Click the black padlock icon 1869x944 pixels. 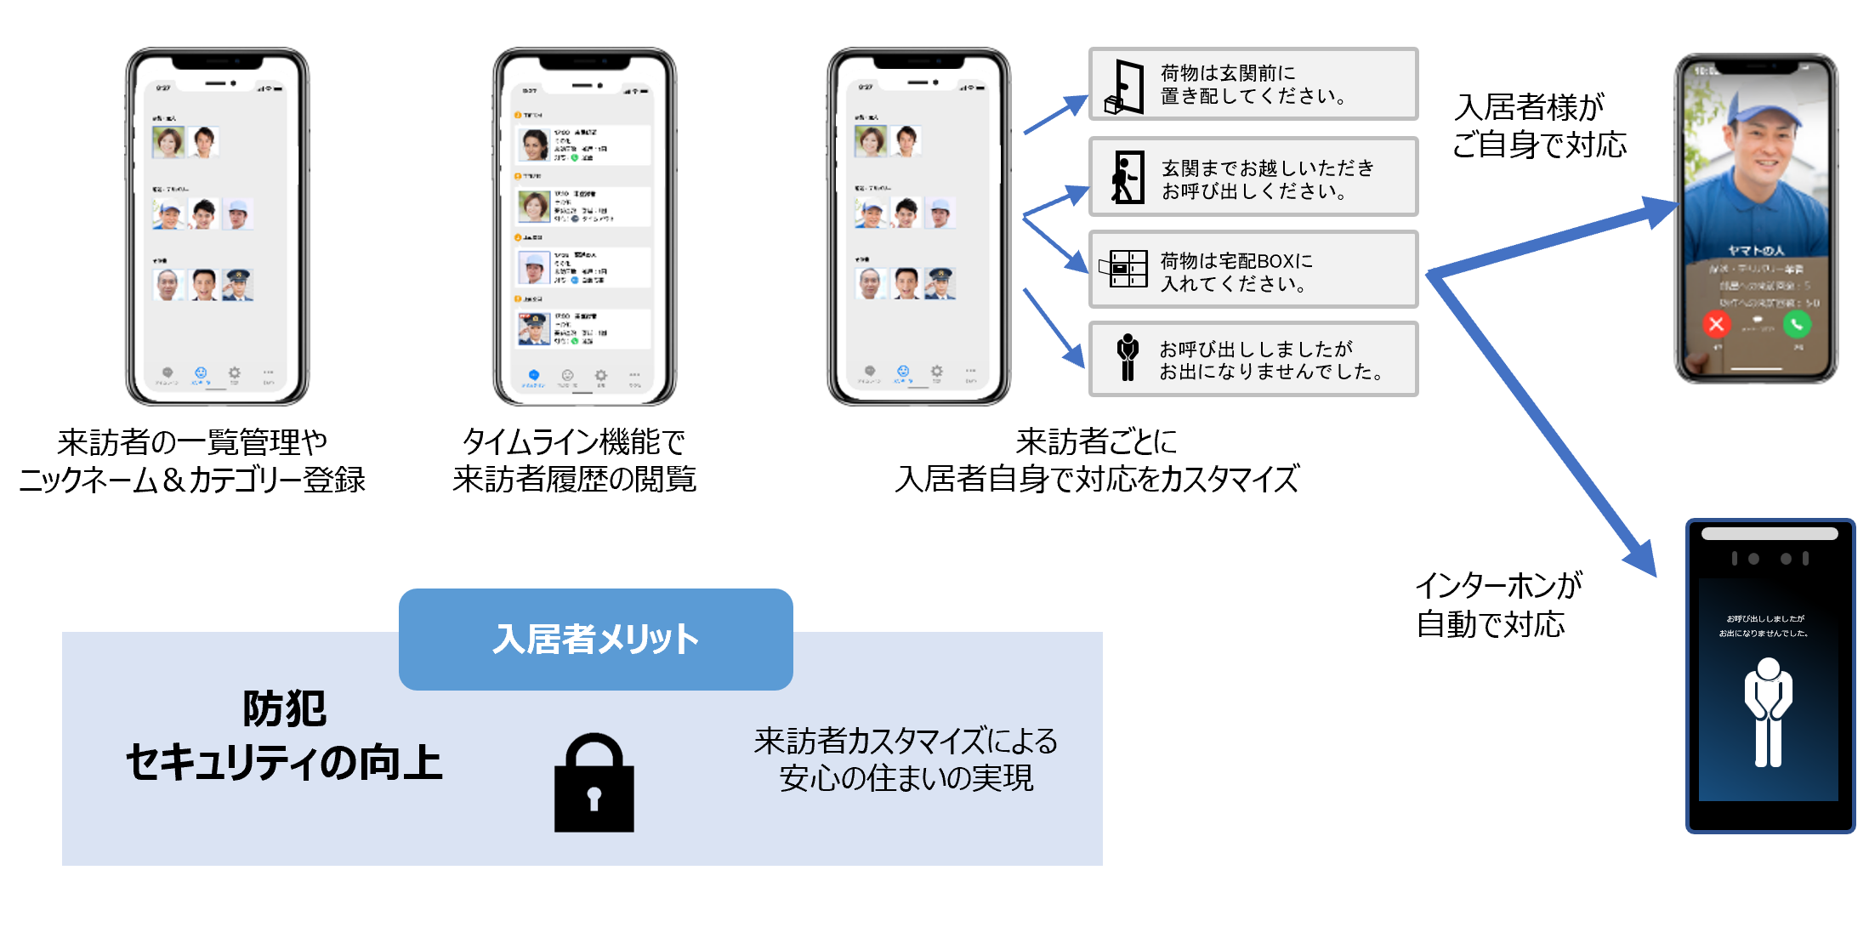click(594, 783)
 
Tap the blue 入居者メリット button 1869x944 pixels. click(595, 639)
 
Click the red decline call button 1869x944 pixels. click(1716, 324)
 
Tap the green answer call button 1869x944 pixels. click(1797, 324)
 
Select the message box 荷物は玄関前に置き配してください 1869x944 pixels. click(1253, 84)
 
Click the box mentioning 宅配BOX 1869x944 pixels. click(1253, 270)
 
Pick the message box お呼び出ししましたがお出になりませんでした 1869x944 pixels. click(1253, 359)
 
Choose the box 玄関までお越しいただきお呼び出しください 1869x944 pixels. click(1253, 177)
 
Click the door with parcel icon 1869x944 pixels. click(1125, 87)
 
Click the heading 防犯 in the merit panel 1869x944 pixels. click(284, 708)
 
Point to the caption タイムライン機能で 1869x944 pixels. click(573, 442)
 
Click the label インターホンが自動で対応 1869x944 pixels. click(1497, 605)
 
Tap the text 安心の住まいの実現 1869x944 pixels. click(906, 778)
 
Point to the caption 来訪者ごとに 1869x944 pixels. click(1096, 442)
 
